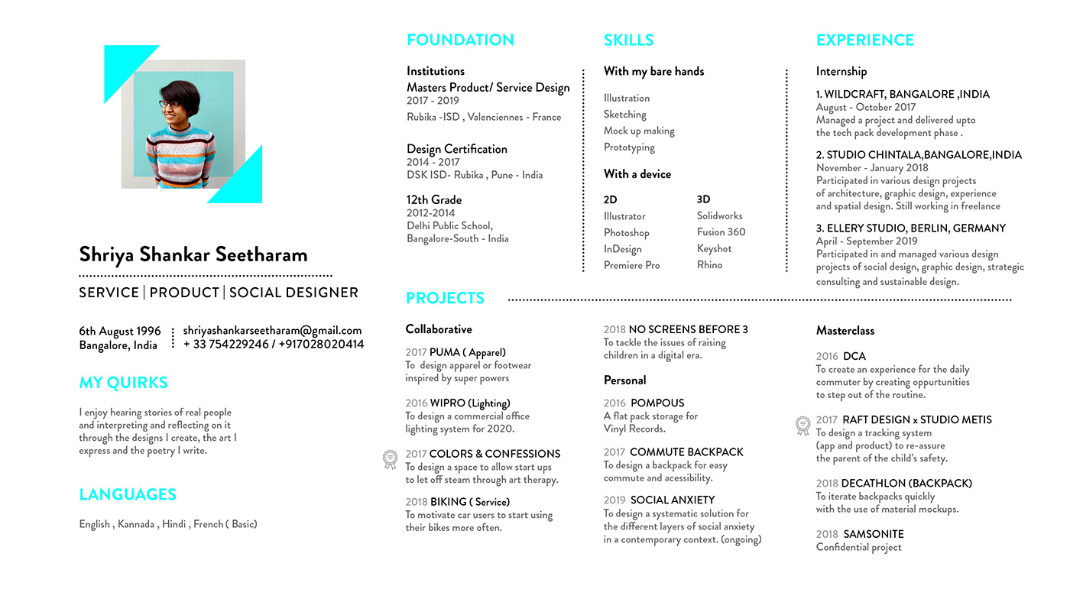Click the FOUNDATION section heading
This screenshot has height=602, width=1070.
pos(460,40)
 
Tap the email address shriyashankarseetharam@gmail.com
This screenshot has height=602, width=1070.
pos(272,331)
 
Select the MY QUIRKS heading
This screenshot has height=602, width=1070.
pos(123,383)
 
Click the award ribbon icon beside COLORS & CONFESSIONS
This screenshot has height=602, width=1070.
pos(390,459)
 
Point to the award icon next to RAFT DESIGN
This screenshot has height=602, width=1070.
pos(802,425)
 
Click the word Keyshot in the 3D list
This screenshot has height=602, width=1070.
pos(714,248)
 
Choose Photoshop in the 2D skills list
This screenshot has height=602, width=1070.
pos(626,232)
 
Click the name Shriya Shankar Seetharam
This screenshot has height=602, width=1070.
pos(193,254)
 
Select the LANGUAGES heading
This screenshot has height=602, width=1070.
pos(128,494)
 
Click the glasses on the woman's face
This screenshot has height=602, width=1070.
pos(169,104)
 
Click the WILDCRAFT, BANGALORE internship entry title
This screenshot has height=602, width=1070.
pos(903,94)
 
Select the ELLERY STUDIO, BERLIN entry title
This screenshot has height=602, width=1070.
pos(910,228)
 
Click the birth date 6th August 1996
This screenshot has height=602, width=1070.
pos(120,331)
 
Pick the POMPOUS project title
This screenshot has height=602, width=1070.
pos(657,403)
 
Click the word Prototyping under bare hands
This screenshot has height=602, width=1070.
pos(629,147)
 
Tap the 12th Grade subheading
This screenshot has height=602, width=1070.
pos(434,199)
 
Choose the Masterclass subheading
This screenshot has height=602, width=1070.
pos(845,330)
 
